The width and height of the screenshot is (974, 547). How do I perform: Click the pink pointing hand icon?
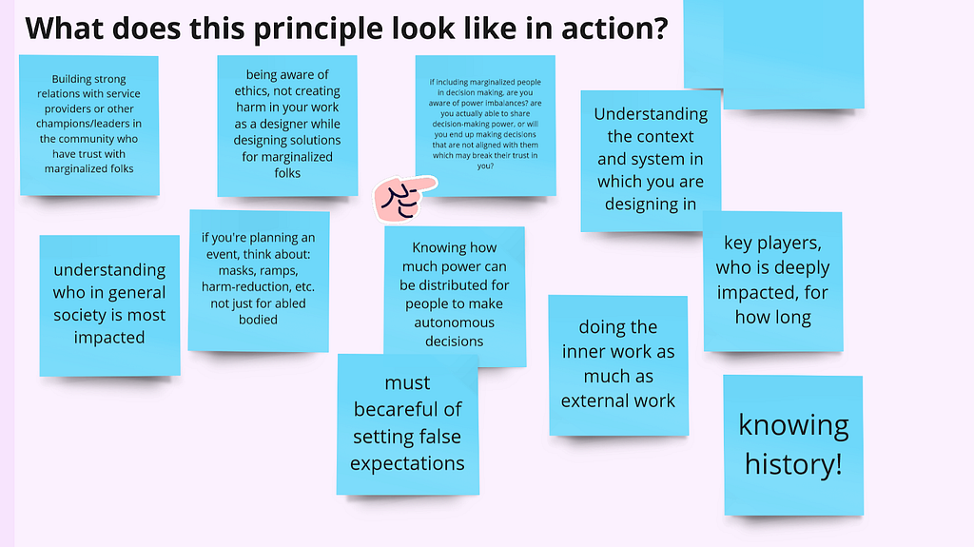pos(405,198)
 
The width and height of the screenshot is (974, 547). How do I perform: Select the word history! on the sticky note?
pos(793,464)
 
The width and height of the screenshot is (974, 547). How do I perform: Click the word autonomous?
pos(454,322)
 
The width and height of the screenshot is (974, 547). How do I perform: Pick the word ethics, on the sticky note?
pos(255,91)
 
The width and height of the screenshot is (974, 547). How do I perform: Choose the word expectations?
pos(407,463)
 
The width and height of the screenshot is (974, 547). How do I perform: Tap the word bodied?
pos(258,320)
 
